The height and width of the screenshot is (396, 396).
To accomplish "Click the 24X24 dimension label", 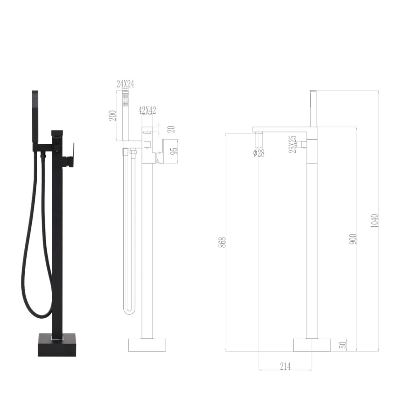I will [x=125, y=84].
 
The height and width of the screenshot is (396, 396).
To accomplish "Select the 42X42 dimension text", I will [x=147, y=110].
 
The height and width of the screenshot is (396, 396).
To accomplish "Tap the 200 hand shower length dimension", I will [x=112, y=115].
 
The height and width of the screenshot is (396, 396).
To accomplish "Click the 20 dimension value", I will [x=171, y=129].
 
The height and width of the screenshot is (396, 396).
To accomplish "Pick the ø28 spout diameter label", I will [x=259, y=153].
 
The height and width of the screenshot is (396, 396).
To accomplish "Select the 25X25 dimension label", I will [x=293, y=144].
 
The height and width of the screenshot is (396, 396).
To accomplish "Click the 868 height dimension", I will [x=222, y=242].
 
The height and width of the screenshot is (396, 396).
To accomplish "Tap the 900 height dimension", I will [x=353, y=239].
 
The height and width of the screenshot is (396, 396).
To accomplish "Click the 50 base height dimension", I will [x=343, y=345].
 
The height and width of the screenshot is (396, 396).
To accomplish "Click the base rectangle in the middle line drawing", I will [x=146, y=345].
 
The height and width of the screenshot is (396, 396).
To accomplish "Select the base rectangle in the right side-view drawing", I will [x=312, y=345].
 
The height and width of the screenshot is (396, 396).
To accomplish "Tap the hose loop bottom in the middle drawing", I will [x=129, y=312].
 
